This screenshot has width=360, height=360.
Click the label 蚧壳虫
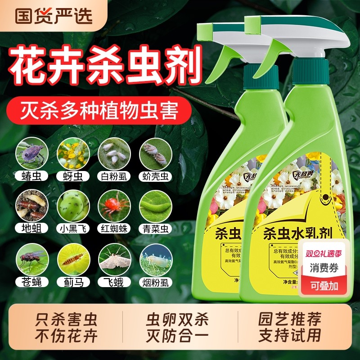pyautogui.click(x=155, y=175)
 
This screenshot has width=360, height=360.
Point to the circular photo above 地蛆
pyautogui.click(x=31, y=205)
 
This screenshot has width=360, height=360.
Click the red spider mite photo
pyautogui.click(x=114, y=205)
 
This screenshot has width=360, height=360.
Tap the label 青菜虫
pyautogui.click(x=155, y=228)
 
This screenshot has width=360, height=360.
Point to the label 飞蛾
pyautogui.click(x=114, y=282)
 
